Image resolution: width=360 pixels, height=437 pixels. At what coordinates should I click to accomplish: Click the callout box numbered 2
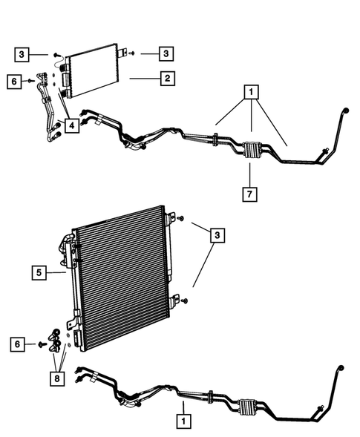168,76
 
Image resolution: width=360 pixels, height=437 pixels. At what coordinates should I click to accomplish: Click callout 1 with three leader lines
252,93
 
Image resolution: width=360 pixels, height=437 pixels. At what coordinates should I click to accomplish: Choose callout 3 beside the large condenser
218,236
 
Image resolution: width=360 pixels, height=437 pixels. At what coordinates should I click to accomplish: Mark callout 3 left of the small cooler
23,53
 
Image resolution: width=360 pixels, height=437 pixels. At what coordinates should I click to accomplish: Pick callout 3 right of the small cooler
167,53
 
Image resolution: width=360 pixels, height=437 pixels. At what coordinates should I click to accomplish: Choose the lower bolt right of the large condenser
184,300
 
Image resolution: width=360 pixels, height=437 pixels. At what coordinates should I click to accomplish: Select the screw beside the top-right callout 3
131,53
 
